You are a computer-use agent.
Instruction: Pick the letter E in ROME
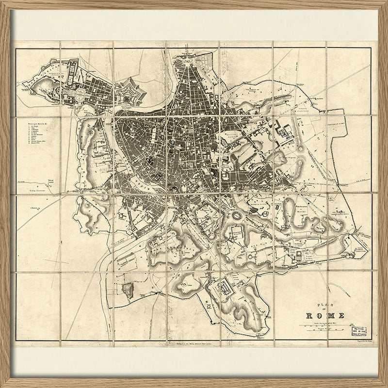click(335, 313)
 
